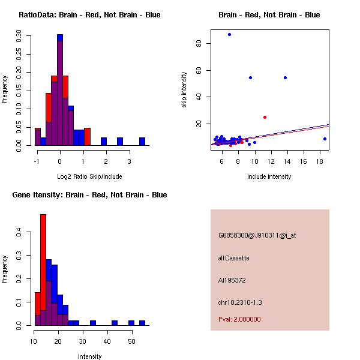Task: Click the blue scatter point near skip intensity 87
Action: point(229,34)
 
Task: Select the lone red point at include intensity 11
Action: point(265,117)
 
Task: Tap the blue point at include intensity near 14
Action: point(285,77)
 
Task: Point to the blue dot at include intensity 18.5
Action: point(325,139)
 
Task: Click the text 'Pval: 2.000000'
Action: point(239,319)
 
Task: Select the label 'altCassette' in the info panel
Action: point(233,258)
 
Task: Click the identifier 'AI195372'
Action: point(232,280)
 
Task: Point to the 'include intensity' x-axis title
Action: point(269,176)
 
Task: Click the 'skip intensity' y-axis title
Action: point(184,90)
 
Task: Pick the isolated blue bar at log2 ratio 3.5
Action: point(142,142)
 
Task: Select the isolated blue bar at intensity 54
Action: point(142,323)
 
